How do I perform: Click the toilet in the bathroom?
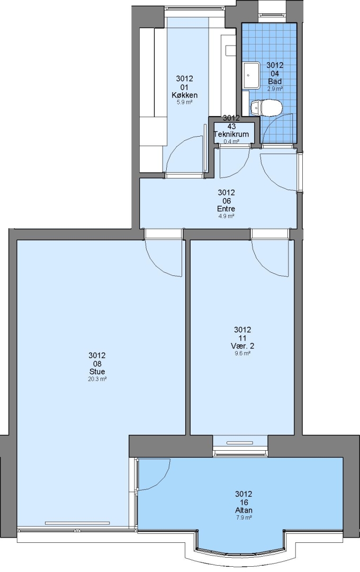[x=266, y=108]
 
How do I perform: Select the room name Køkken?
[x=185, y=95]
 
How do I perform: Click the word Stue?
[x=97, y=372]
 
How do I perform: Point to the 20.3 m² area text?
[x=97, y=379]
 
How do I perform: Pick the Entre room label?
[x=226, y=209]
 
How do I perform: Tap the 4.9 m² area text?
[x=226, y=216]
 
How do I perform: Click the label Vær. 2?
[x=242, y=346]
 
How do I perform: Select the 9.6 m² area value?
[x=242, y=353]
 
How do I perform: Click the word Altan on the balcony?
[x=244, y=511]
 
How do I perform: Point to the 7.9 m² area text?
[x=244, y=517]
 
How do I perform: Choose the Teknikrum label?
[x=231, y=134]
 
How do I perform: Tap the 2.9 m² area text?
[x=275, y=88]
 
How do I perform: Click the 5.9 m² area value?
[x=185, y=103]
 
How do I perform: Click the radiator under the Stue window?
[x=77, y=523]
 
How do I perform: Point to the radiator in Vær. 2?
[x=240, y=443]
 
